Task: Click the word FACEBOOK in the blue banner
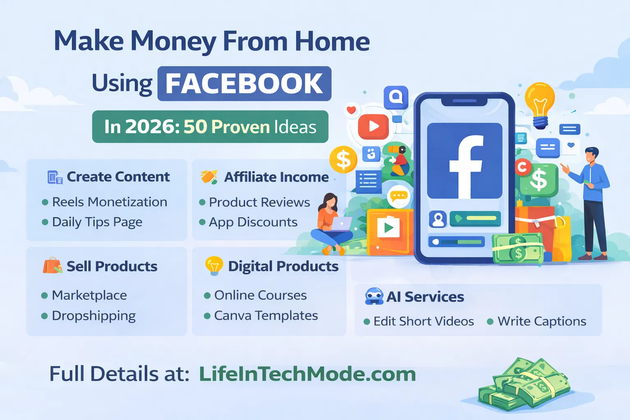click(x=244, y=84)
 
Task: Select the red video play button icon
click(x=373, y=126)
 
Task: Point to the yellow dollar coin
click(x=343, y=160)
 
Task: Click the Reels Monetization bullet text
click(x=110, y=202)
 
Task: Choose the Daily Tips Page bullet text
click(x=97, y=222)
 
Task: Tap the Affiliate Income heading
click(x=276, y=177)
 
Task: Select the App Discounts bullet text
click(x=253, y=222)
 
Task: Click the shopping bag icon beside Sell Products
click(x=52, y=266)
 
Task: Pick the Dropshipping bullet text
click(x=94, y=315)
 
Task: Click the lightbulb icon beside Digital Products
click(x=214, y=265)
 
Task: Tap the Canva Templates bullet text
click(x=266, y=315)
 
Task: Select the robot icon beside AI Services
click(x=374, y=296)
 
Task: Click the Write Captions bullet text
click(x=541, y=321)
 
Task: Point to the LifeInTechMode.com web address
click(x=307, y=374)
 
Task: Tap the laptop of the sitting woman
click(x=341, y=224)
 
